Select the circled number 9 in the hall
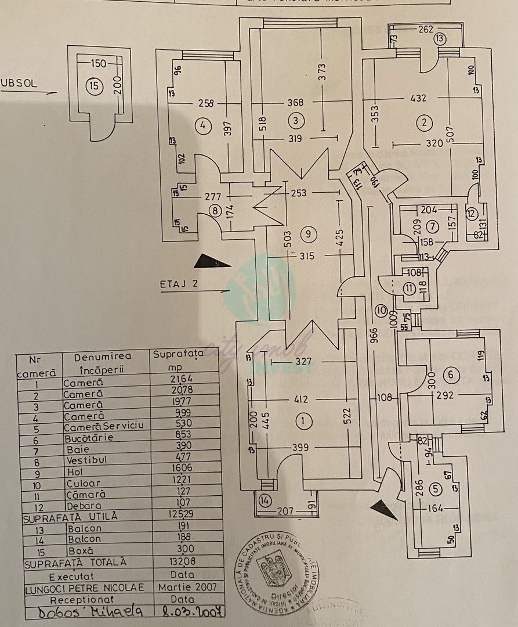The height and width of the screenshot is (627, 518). [x=309, y=234]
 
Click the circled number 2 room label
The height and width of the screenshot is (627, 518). [x=425, y=122]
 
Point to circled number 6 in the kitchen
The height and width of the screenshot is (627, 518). [x=450, y=375]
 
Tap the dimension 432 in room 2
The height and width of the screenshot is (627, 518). [x=418, y=98]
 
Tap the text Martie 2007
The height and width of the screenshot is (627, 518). [x=187, y=587]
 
